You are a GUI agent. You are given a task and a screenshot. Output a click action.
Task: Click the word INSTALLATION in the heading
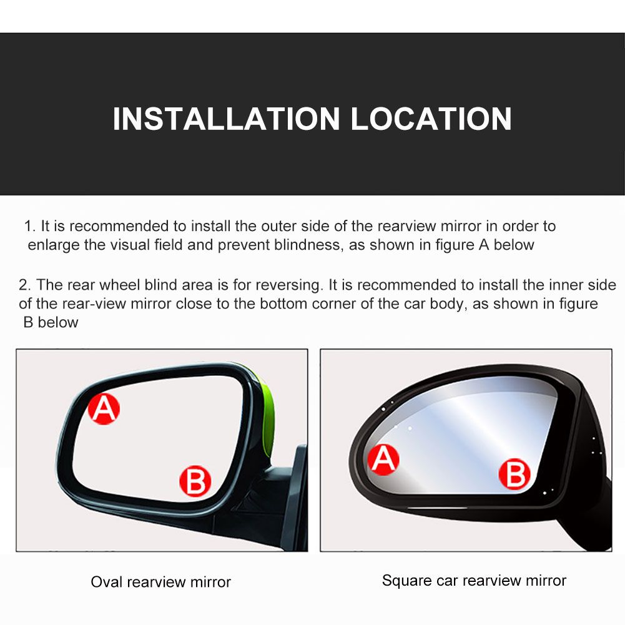click(x=226, y=119)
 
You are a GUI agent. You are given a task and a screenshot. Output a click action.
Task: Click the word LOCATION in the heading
click(x=431, y=119)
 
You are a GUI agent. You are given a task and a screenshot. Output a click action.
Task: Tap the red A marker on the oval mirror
click(x=104, y=409)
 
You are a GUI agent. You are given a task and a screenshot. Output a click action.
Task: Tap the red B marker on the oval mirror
click(x=195, y=481)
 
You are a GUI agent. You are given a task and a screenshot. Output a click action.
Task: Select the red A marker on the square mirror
click(x=383, y=460)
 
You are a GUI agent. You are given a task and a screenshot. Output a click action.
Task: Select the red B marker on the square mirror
click(x=514, y=474)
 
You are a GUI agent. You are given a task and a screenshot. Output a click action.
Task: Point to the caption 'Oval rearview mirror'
click(x=160, y=582)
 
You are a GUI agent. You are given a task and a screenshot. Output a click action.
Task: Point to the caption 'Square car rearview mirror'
click(x=474, y=581)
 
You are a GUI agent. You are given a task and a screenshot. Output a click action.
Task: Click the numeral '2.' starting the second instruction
click(x=25, y=285)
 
